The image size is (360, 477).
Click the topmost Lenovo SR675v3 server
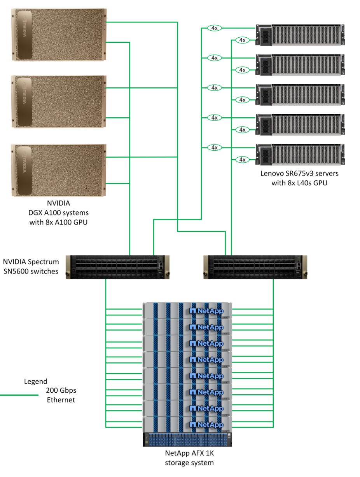[x=300, y=35]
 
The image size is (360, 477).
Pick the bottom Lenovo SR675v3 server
[x=300, y=155]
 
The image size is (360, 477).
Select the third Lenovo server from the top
[x=300, y=95]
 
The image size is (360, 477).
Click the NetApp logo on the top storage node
[x=206, y=311]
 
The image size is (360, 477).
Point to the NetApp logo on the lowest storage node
[x=206, y=425]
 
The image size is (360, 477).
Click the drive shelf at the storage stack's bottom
[x=187, y=440]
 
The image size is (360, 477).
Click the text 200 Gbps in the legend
[x=61, y=390]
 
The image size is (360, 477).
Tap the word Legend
[x=35, y=381]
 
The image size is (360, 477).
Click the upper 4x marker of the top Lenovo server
[x=214, y=28]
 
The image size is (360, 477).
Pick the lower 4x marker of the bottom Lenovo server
[x=242, y=160]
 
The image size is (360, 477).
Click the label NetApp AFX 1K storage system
[x=189, y=458]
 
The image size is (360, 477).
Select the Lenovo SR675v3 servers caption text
[x=299, y=178]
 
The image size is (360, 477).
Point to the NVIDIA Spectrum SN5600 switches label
[x=31, y=266]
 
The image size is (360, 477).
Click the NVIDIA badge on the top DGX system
[x=24, y=35]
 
